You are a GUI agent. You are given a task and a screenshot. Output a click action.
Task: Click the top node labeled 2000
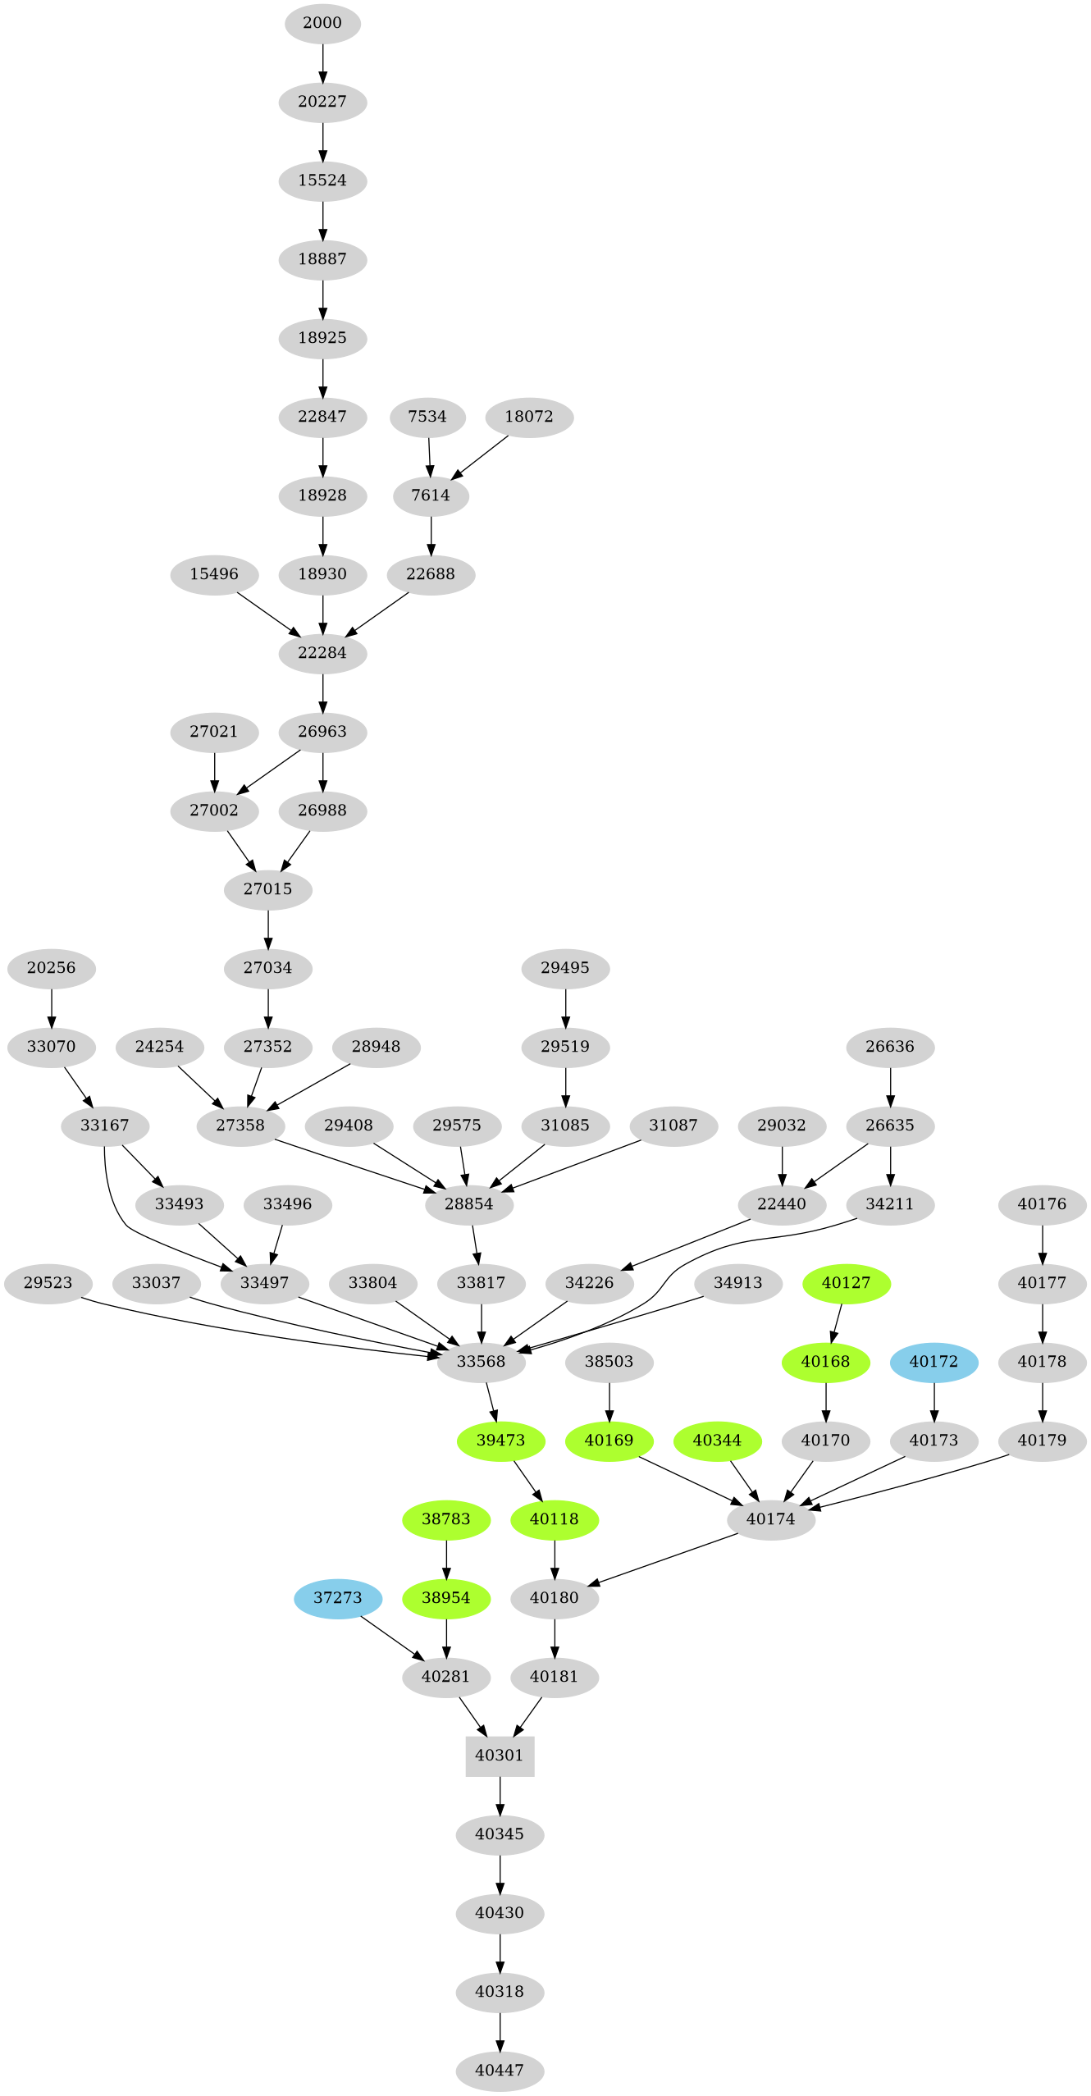[x=322, y=23]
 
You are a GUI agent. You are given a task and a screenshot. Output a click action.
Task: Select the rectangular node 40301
[x=500, y=1756]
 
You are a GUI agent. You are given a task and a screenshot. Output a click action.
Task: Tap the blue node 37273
[x=338, y=1598]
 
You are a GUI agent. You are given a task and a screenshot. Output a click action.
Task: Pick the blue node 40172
[x=934, y=1362]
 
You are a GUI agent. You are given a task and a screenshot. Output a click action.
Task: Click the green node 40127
[x=846, y=1283]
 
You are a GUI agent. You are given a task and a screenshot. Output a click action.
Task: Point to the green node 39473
[x=500, y=1441]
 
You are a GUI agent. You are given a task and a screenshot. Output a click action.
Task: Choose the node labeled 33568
[x=481, y=1362]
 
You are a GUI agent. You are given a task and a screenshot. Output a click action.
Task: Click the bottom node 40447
[x=500, y=2071]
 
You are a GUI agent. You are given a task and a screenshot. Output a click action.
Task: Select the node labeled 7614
[x=431, y=495]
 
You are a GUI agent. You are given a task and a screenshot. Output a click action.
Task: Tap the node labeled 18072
[x=529, y=417]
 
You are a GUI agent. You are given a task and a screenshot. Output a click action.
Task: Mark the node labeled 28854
[x=469, y=1204]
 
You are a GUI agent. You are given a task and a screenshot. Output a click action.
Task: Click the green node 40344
[x=717, y=1441]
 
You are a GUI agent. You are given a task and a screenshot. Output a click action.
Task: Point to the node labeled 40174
[x=771, y=1519]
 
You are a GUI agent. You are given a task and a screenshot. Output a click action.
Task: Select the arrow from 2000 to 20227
[x=322, y=62]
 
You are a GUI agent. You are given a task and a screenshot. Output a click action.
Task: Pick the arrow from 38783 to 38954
[x=446, y=1559]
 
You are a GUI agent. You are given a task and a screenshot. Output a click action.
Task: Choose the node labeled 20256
[x=51, y=968]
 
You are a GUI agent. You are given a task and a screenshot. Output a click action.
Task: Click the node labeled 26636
[x=890, y=1047]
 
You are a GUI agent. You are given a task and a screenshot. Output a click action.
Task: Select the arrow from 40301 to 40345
[x=500, y=1795]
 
